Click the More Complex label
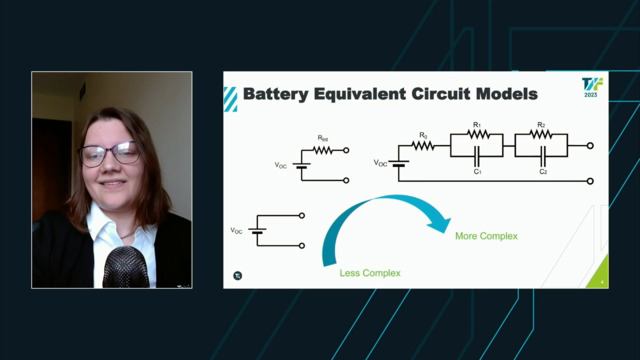(486, 236)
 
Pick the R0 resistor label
(423, 135)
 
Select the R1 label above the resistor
(476, 126)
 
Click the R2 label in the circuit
(541, 126)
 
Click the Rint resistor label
(322, 138)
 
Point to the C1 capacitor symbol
(476, 154)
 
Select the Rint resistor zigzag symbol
(322, 150)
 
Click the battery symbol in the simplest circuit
(257, 231)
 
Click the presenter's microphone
(122, 268)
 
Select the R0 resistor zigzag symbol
(423, 146)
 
